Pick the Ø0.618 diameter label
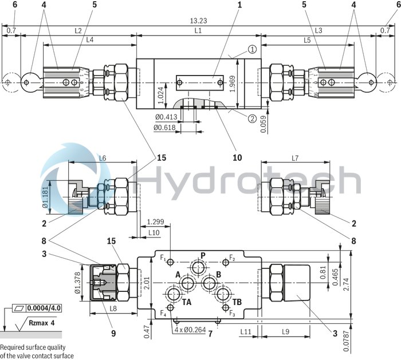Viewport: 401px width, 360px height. [x=164, y=127]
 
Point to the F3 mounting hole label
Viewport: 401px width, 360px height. [x=232, y=313]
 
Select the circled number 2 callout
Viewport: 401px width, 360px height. [x=251, y=119]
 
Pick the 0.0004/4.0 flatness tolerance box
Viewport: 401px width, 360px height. [x=48, y=308]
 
